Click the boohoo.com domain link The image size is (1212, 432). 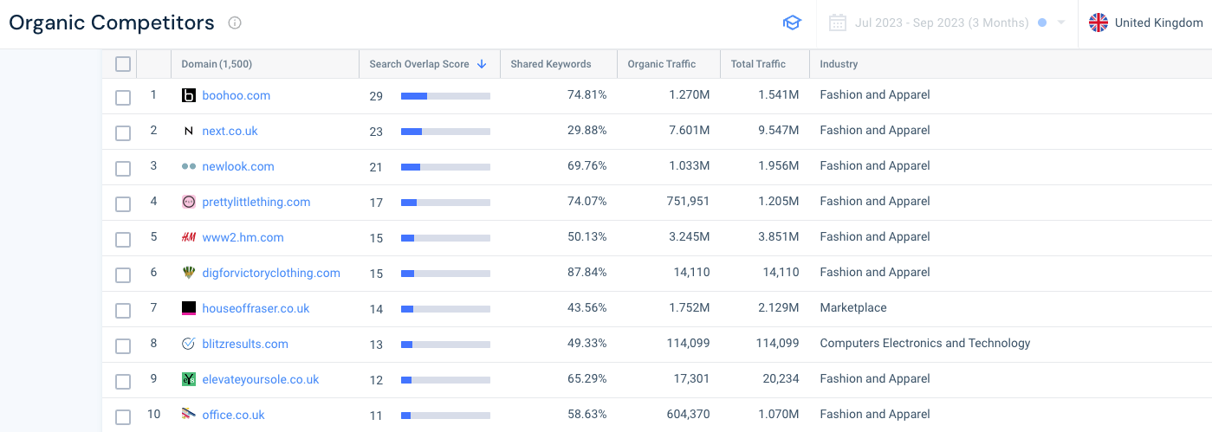(x=236, y=95)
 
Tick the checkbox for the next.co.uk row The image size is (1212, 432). (x=123, y=132)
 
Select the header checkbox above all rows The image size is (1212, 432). (x=123, y=64)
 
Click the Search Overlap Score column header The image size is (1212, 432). (x=419, y=64)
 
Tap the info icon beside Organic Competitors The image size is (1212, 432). (x=235, y=23)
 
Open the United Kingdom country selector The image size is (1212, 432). (x=1146, y=23)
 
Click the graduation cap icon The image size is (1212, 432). (x=792, y=23)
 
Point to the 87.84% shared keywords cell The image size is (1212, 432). (x=587, y=273)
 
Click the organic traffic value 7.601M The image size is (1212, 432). (x=689, y=131)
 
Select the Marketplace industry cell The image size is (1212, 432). (x=853, y=308)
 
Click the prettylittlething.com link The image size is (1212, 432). (x=256, y=202)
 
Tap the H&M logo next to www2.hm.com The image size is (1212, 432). (x=189, y=237)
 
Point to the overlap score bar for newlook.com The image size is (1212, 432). (x=445, y=167)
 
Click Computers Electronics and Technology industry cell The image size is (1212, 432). (x=925, y=344)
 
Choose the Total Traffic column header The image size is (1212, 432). (x=758, y=64)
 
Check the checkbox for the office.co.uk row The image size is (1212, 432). (x=123, y=416)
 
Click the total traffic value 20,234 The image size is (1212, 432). (x=776, y=379)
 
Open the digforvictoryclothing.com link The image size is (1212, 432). (x=271, y=273)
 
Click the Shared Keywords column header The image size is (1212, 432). (x=551, y=64)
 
